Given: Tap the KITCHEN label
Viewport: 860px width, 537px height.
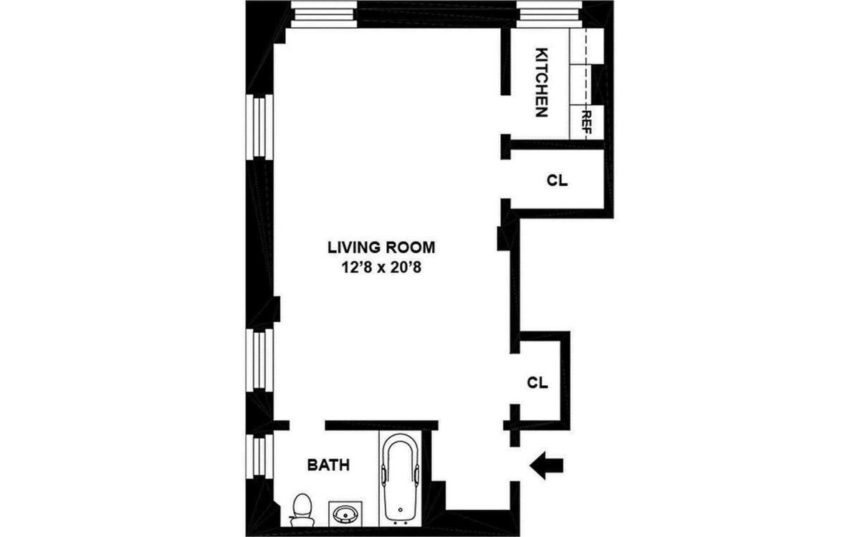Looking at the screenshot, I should (x=543, y=83).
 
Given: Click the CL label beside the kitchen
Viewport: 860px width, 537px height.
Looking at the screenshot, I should (x=557, y=181).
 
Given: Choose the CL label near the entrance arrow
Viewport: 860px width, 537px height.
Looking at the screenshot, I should (x=537, y=382).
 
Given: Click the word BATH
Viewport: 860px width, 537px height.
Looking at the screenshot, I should (x=328, y=465).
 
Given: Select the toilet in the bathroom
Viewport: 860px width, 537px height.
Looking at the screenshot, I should (x=302, y=508).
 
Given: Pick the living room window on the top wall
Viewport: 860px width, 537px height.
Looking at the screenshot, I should (x=325, y=14).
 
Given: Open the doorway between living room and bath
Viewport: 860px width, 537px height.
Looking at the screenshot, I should (x=307, y=425).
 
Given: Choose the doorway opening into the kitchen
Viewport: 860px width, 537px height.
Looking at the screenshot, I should (x=505, y=114).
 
